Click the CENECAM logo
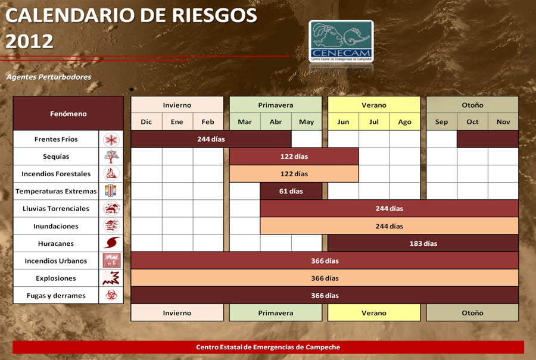(x=341, y=41)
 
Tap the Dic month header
(x=147, y=121)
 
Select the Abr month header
(x=276, y=121)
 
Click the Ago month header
(x=405, y=121)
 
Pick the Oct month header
(x=472, y=121)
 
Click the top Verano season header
(x=374, y=105)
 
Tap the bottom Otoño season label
(x=472, y=312)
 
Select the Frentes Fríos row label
(x=56, y=139)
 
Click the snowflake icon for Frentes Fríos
(x=111, y=139)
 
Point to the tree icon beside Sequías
(x=111, y=156)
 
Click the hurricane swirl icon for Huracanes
(x=111, y=243)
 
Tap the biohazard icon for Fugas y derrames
(x=111, y=295)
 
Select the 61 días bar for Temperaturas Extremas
(x=291, y=191)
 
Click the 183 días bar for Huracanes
(x=423, y=243)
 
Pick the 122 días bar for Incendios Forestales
(x=294, y=174)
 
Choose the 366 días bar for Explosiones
(x=325, y=278)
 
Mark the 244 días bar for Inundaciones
(x=389, y=226)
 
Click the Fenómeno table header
(x=68, y=114)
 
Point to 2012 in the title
(x=29, y=41)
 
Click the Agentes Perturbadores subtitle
(x=49, y=77)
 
